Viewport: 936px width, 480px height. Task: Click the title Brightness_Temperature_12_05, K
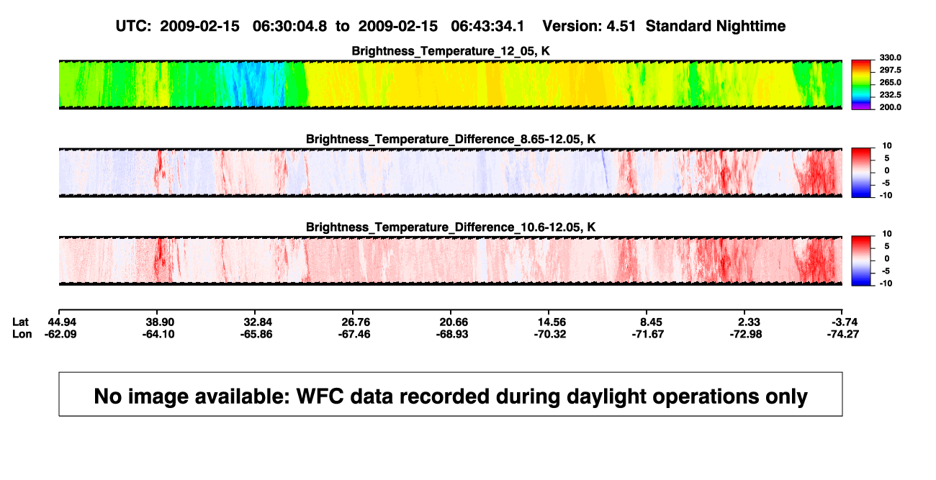pos(451,51)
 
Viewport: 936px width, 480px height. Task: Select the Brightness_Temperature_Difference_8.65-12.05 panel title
pos(451,139)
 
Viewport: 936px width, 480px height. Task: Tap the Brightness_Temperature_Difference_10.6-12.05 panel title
pos(451,227)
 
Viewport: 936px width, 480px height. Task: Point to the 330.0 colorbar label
pos(890,58)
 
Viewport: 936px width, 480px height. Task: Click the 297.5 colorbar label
pos(890,71)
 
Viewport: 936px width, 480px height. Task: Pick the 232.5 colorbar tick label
pos(890,95)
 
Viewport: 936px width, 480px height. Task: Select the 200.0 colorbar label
pos(890,107)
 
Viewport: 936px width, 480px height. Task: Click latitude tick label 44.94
pos(62,322)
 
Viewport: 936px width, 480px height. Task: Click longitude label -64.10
pos(158,334)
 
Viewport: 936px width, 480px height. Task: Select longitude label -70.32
pos(549,334)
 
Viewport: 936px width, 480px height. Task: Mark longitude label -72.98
pos(745,334)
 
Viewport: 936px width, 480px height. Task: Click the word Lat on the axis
pos(20,322)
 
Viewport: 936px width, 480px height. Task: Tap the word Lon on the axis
pos(22,334)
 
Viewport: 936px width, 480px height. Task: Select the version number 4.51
pos(621,26)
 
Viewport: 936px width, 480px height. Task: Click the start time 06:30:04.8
pos(289,26)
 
